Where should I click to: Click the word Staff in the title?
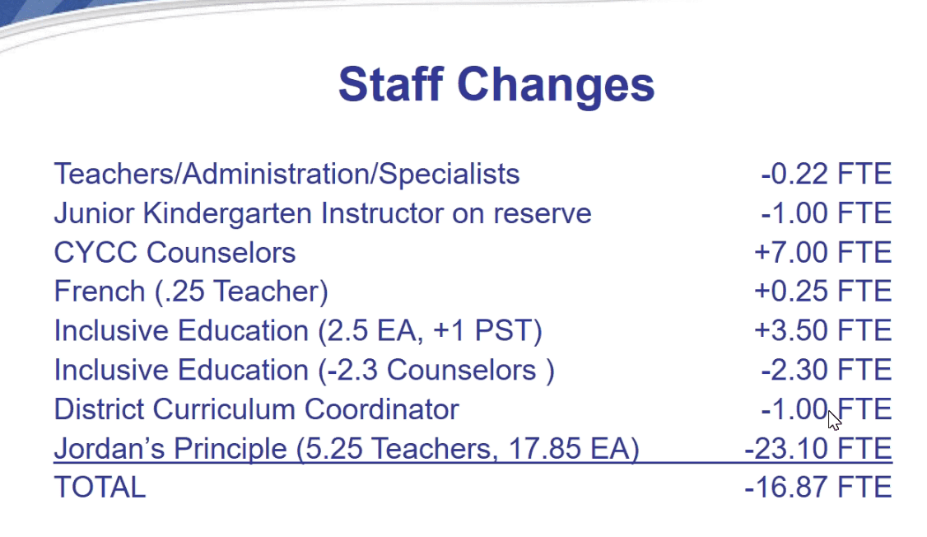click(391, 84)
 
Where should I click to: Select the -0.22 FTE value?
click(826, 174)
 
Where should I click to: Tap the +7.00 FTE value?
click(822, 253)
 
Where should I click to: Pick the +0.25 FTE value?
click(822, 292)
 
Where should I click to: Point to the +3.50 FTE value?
click(822, 330)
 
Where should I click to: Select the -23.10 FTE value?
click(818, 448)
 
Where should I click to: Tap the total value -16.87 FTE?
click(818, 488)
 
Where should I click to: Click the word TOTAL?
click(100, 488)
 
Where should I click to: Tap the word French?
click(100, 292)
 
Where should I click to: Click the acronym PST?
click(502, 330)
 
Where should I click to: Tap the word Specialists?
click(449, 175)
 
